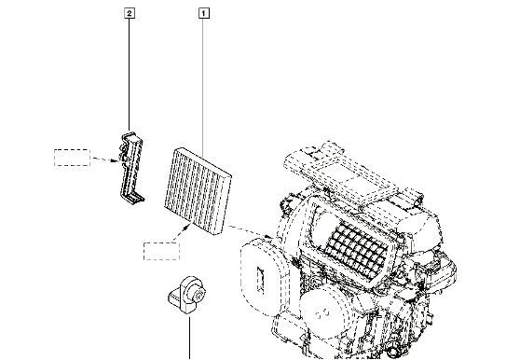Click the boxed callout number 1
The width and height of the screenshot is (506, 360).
coord(203,14)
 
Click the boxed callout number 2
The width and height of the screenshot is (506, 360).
coord(130,13)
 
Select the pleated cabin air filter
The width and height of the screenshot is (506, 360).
coord(198,191)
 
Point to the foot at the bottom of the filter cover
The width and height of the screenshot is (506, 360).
coord(136,198)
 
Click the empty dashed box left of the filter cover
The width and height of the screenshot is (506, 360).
coord(72,158)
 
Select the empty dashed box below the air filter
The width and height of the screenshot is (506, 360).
coord(161,251)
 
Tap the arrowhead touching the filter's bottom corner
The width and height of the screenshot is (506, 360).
coord(185,228)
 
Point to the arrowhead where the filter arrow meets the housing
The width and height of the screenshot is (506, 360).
coord(268,236)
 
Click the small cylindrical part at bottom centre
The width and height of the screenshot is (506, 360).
coord(186,294)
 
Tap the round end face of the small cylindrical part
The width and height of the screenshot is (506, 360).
coord(198,294)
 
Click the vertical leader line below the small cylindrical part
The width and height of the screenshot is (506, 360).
coord(189,338)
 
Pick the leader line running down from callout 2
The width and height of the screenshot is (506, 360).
coord(130,75)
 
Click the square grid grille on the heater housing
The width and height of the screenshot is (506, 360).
coord(357,250)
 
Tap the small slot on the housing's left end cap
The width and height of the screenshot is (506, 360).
coord(260,280)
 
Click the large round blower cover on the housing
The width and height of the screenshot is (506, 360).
coord(323,309)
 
